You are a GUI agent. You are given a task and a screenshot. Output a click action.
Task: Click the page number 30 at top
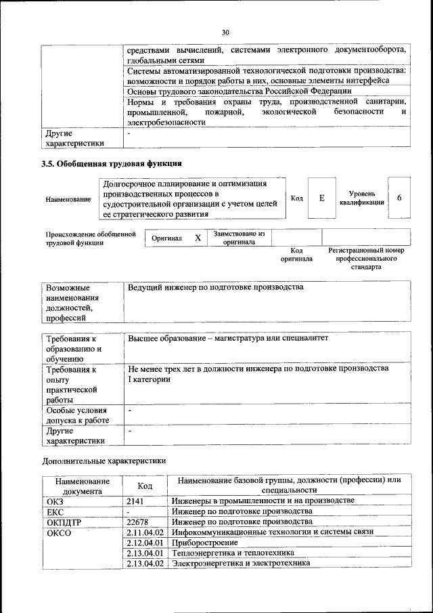point(225,31)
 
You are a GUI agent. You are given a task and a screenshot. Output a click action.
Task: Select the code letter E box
point(322,198)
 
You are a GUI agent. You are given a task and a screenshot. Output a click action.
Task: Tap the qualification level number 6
point(399,198)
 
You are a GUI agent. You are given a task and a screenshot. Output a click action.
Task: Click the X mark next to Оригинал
point(198,238)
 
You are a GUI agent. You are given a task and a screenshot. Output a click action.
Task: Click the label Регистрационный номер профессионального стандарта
point(365,258)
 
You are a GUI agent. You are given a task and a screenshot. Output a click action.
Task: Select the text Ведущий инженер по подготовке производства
point(215,288)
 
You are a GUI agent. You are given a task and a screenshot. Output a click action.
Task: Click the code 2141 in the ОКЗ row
point(136,501)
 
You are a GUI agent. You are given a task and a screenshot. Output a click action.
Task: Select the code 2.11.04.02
point(145,533)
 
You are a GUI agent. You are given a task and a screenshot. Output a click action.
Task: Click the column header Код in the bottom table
point(145,485)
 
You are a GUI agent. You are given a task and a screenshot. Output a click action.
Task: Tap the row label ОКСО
point(59,533)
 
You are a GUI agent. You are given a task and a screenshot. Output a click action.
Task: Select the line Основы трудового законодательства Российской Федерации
point(240,91)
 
